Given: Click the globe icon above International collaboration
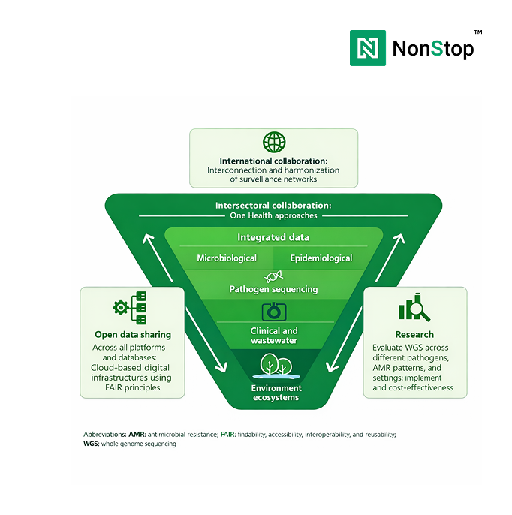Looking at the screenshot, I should coord(274,143).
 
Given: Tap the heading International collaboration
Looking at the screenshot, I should coord(273,161).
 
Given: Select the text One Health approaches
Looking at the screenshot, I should coord(273,215).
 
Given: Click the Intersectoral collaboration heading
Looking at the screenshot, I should coord(273,205).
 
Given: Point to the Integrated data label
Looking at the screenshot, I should coord(273,237).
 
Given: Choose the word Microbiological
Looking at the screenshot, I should coord(227,257).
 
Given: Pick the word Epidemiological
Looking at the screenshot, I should coord(321,257).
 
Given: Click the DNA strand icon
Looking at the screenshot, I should coord(273,276).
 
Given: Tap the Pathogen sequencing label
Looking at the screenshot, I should coord(273,289).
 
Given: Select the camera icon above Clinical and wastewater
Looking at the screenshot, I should coord(273,312).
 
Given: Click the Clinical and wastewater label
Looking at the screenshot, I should coord(273,336).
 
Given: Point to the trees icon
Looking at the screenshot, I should coord(274,366).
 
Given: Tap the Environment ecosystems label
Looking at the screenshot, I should coord(276,393).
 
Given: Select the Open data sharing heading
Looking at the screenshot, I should coord(133,334).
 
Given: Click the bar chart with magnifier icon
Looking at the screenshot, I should coord(414,308).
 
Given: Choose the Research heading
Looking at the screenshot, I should coord(414,334).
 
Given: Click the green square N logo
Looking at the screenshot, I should coord(368,48).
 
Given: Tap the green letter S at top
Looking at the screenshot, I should coord(437,49).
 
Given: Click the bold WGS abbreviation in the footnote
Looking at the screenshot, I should coord(91,444).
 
